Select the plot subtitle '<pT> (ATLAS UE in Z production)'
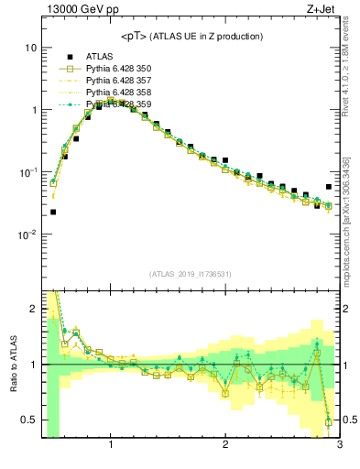(x=191, y=36)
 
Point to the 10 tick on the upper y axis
(x=31, y=47)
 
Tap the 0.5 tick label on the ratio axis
(x=29, y=420)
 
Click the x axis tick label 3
(x=339, y=446)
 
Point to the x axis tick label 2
(x=225, y=446)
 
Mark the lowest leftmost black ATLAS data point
(x=53, y=212)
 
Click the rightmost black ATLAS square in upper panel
(x=329, y=187)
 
